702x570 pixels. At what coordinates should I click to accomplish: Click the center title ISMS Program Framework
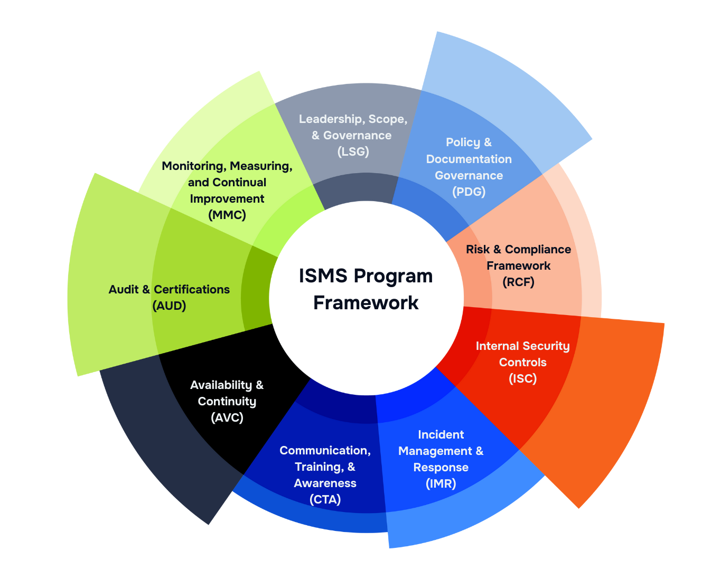tap(366, 289)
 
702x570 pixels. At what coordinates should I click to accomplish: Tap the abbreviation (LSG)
tap(353, 151)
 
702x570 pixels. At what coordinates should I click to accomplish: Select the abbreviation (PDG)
tap(469, 192)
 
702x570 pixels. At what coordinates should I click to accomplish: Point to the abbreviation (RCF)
tap(518, 282)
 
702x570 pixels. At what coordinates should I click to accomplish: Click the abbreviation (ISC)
tap(522, 378)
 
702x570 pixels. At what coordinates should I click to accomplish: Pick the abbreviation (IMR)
tap(441, 483)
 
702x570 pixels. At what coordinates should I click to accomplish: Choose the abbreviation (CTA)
tap(325, 499)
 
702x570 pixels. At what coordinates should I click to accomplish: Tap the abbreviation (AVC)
tap(227, 417)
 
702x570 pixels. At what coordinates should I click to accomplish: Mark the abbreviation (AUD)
tap(169, 306)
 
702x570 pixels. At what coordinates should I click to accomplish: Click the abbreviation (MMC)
tap(227, 215)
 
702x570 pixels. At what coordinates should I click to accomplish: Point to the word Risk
tap(478, 249)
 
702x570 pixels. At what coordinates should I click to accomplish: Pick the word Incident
tap(441, 434)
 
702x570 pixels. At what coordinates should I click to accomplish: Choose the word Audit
tap(123, 289)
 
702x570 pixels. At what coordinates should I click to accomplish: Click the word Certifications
tap(192, 289)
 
